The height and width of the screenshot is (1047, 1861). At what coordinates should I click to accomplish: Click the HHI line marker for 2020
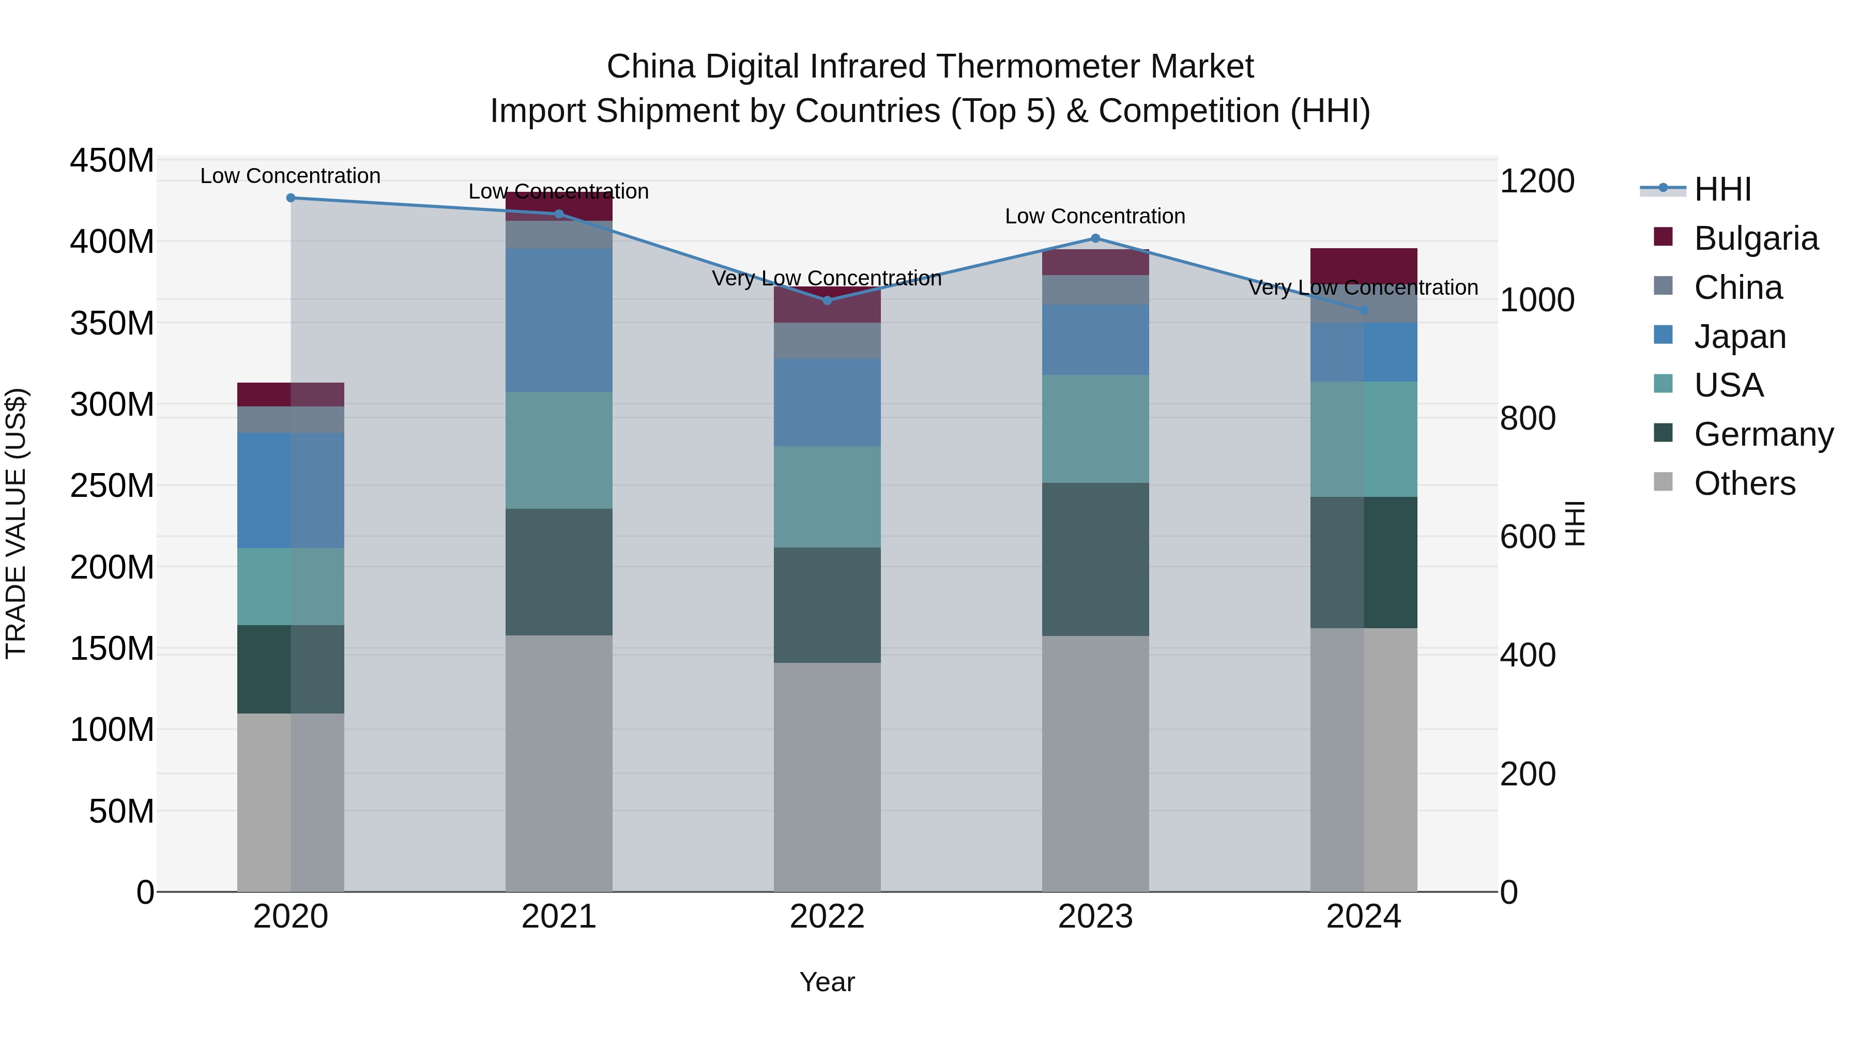291,198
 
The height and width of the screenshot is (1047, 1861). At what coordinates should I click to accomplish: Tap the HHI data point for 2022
827,300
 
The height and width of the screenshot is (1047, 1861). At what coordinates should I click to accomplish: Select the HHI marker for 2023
1095,238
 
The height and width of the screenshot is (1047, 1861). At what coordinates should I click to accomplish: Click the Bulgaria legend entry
1755,238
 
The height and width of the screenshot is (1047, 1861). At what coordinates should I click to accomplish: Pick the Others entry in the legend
1744,483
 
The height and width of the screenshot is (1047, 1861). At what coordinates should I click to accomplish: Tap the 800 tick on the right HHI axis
1528,418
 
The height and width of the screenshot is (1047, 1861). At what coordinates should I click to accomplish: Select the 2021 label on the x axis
558,917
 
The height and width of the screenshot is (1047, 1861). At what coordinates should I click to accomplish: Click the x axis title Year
827,982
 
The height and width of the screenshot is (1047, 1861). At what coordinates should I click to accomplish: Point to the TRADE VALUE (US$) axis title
16,523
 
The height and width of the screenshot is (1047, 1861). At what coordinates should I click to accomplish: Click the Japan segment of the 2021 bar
558,320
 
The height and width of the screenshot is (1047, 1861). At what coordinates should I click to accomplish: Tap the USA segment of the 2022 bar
827,496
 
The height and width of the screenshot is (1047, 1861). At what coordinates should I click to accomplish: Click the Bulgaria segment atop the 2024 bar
1363,264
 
